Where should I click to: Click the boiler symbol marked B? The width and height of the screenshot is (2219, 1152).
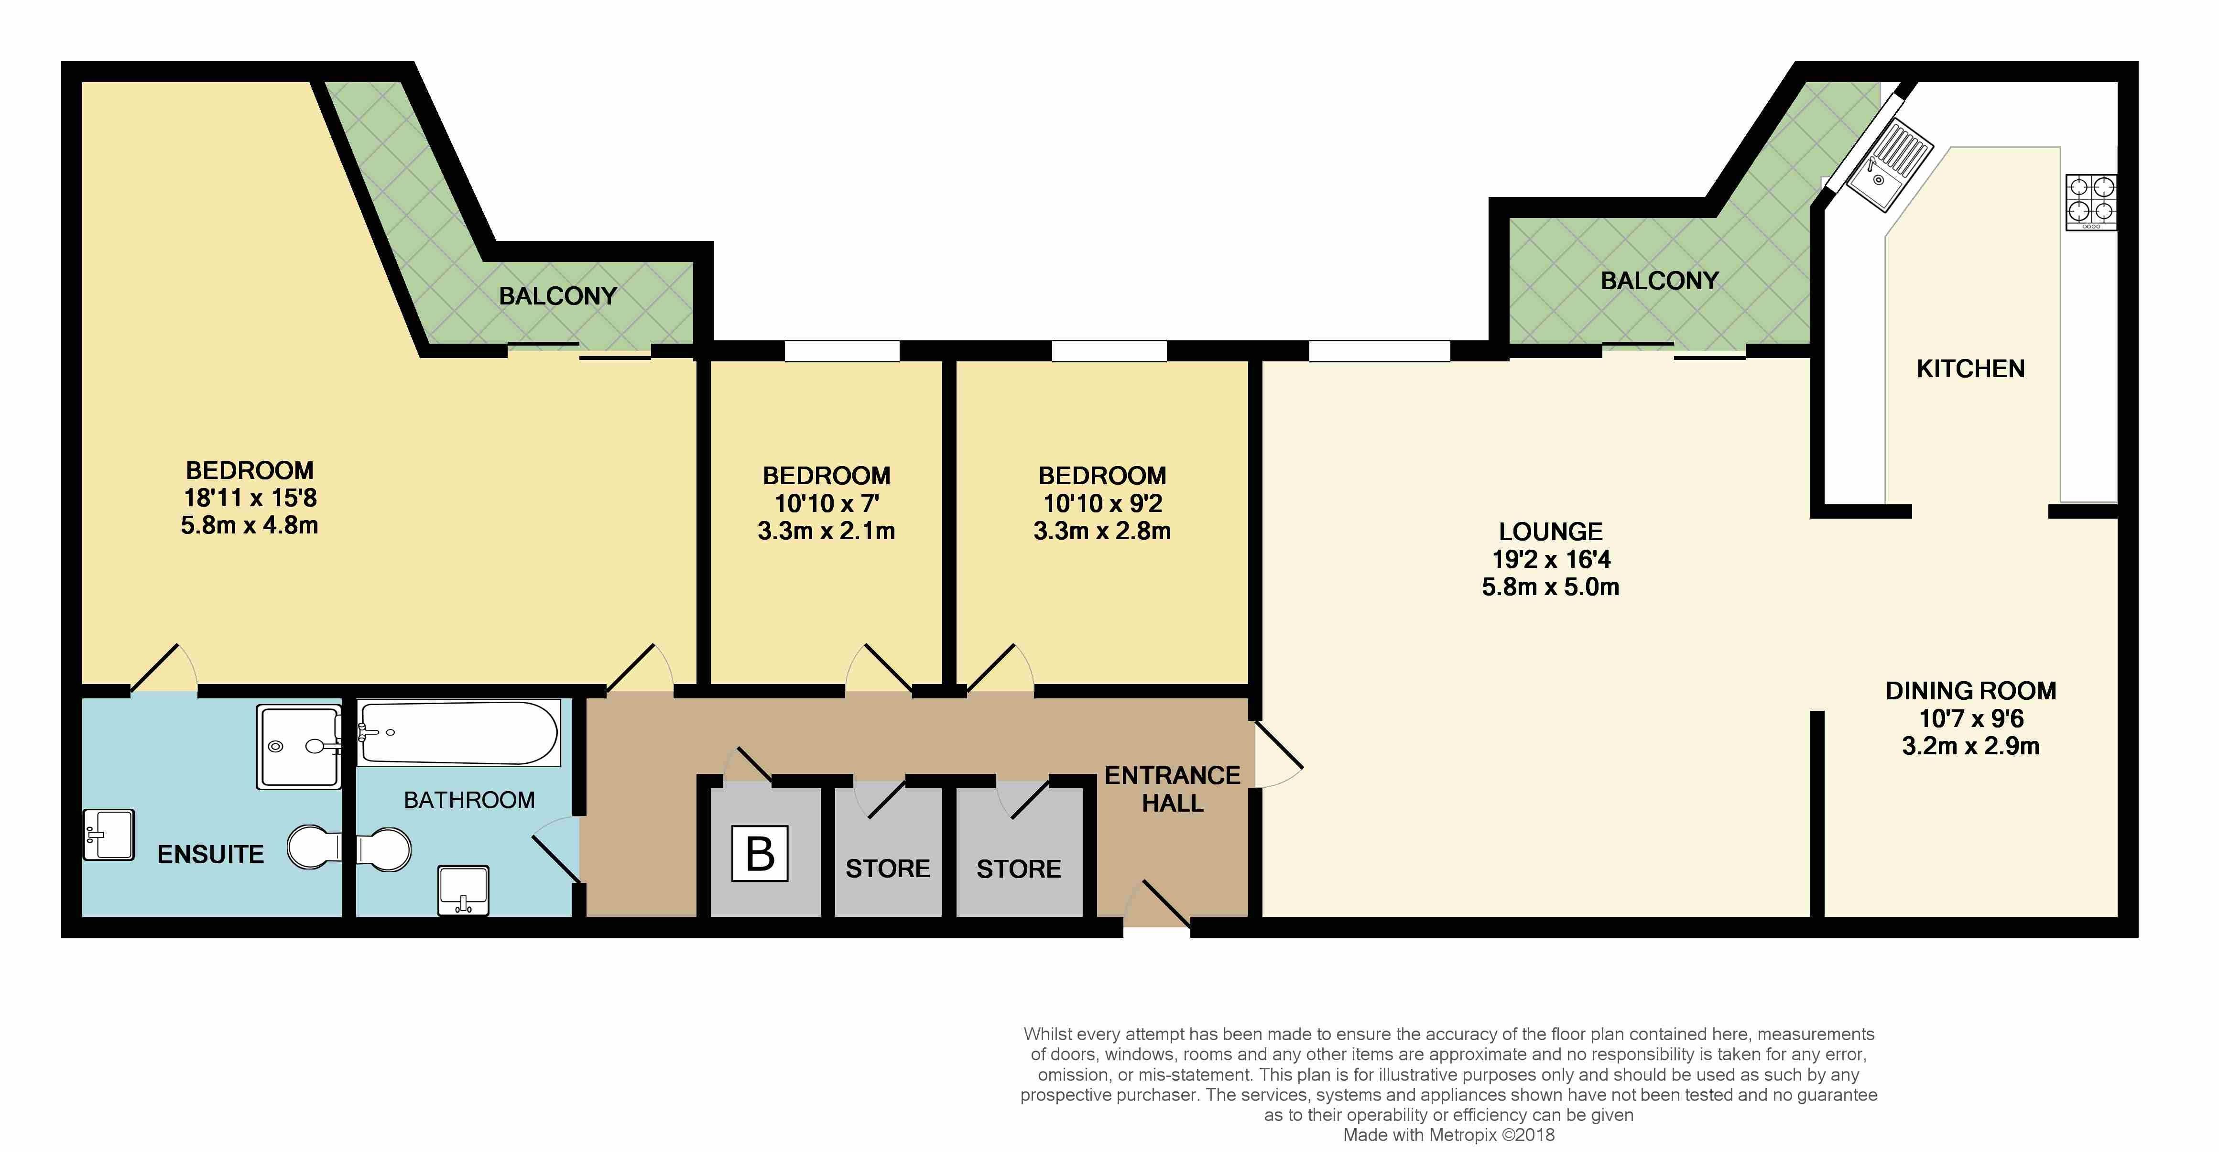coord(760,853)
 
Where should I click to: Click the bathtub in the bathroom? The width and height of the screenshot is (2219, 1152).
coord(459,732)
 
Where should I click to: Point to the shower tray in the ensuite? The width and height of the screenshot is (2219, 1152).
coord(299,747)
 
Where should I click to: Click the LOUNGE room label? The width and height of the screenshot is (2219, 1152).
coord(1551,532)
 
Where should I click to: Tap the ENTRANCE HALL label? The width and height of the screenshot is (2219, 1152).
coord(1173,789)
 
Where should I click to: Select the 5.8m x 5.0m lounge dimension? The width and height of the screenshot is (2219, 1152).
coord(1551,587)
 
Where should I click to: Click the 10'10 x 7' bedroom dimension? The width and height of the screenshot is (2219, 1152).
coord(826,503)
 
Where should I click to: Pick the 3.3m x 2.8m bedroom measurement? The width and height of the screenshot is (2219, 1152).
coord(1102,531)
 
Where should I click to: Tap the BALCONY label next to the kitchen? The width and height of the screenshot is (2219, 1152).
coord(1660,281)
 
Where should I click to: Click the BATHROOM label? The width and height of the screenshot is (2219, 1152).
coord(469,801)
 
